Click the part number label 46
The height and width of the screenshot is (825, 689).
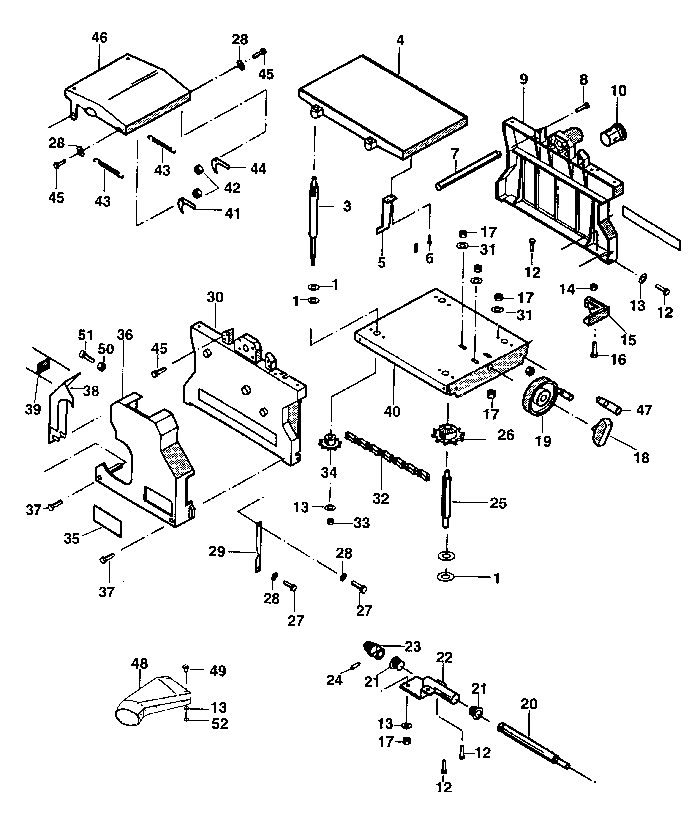[x=99, y=38]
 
